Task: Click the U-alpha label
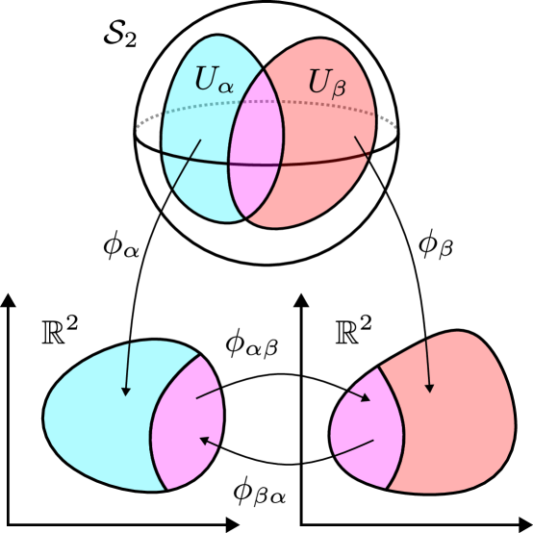coord(213,80)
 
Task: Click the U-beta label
coord(326,84)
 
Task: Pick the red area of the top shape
coord(322,183)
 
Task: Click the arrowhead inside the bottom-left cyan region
coord(126,391)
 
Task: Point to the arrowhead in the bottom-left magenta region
coord(205,440)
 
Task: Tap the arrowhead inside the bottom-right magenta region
coord(365,397)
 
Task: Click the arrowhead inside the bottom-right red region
coord(429,388)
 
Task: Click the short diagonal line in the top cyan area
coord(187,164)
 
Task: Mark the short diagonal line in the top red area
coord(362,146)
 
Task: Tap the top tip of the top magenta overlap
coord(264,69)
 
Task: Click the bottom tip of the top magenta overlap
coord(246,218)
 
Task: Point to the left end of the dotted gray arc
coord(138,129)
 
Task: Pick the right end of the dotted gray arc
coord(394,128)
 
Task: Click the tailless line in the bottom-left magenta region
coord(208,393)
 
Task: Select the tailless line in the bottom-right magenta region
coord(354,448)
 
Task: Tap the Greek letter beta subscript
coord(339,90)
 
